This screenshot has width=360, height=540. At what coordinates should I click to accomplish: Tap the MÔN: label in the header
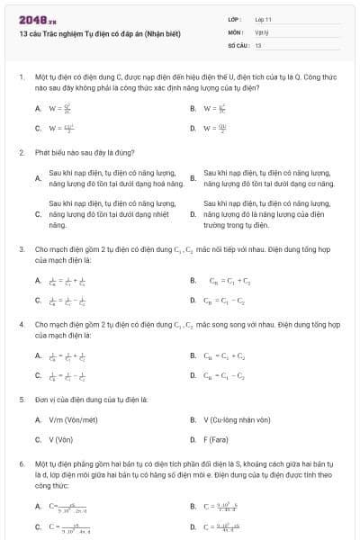tap(235, 31)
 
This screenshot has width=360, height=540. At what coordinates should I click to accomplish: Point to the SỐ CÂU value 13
tap(258, 44)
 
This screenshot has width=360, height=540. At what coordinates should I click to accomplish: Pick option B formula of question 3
tap(230, 280)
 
